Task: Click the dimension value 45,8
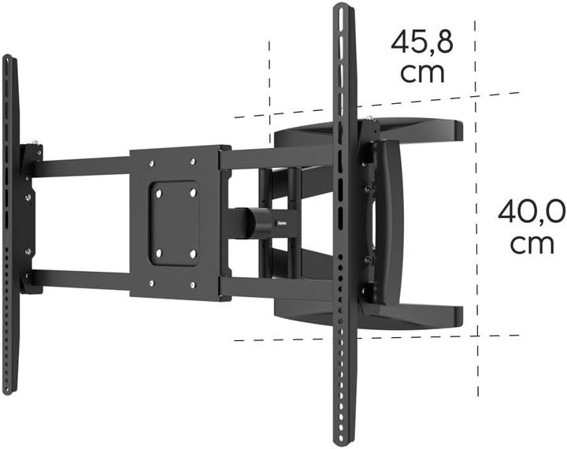click(x=422, y=42)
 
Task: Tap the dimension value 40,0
click(x=532, y=211)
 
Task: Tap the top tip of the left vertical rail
click(x=7, y=58)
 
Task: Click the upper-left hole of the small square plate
click(x=158, y=191)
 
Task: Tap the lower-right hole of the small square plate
click(x=193, y=254)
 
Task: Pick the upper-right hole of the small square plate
click(x=193, y=191)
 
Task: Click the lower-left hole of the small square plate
click(x=158, y=254)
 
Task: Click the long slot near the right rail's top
click(x=341, y=55)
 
